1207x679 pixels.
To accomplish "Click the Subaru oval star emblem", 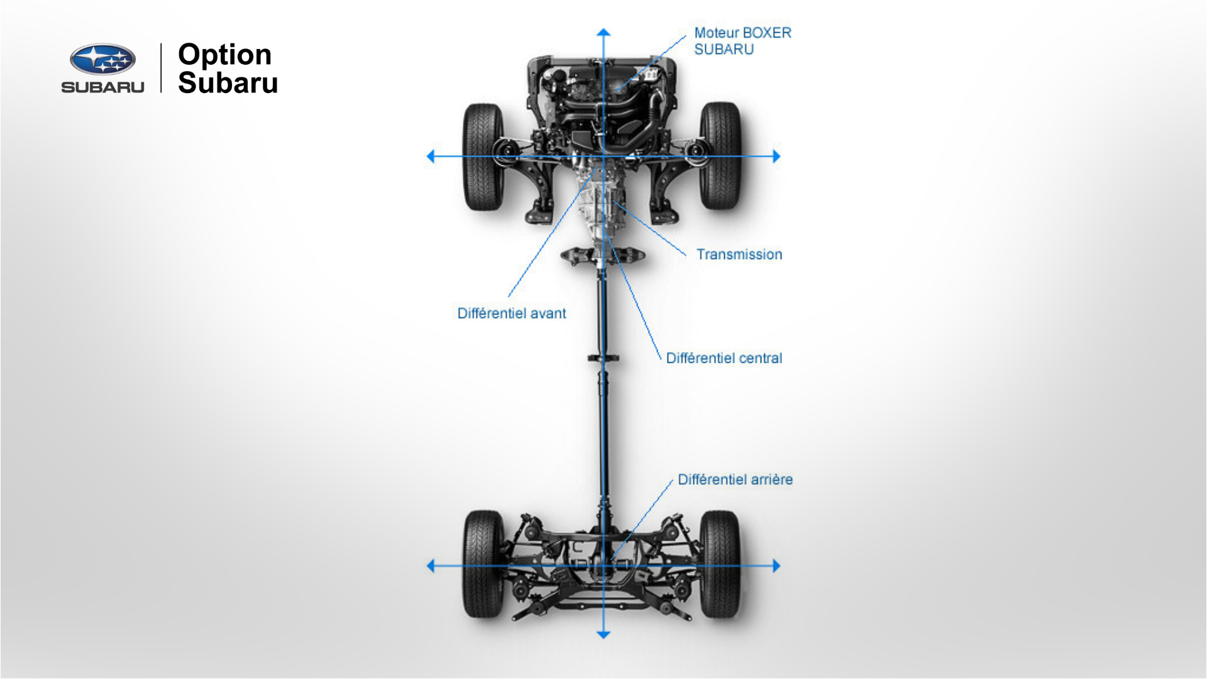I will pyautogui.click(x=102, y=60).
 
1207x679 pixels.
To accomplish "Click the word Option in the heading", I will pyautogui.click(x=224, y=55).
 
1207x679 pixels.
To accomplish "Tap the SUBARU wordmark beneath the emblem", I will pyautogui.click(x=102, y=87).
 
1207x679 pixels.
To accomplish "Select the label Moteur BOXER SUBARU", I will pyautogui.click(x=742, y=41).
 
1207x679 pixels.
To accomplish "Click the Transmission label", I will pyautogui.click(x=739, y=255).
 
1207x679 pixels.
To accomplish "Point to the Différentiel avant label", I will pyautogui.click(x=511, y=313).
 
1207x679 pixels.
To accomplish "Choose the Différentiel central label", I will pyautogui.click(x=724, y=358).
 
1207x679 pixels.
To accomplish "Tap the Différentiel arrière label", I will pyautogui.click(x=734, y=480).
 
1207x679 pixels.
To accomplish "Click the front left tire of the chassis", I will pyautogui.click(x=483, y=157).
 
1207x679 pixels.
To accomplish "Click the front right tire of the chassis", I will pyautogui.click(x=720, y=157).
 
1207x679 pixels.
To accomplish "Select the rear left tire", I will pyautogui.click(x=483, y=564).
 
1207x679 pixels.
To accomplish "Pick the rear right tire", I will pyautogui.click(x=720, y=564).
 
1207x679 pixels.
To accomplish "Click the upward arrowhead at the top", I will pyautogui.click(x=603, y=32).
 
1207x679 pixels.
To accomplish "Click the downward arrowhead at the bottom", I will pyautogui.click(x=603, y=635).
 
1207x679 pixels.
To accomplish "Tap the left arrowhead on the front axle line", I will pyautogui.click(x=431, y=157).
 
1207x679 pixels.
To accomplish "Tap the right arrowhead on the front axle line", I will pyautogui.click(x=776, y=157).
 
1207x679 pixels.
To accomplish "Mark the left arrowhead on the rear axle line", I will pyautogui.click(x=431, y=566).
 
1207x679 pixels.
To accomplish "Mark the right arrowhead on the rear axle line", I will pyautogui.click(x=776, y=566).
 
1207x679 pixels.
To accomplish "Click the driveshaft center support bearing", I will pyautogui.click(x=603, y=358).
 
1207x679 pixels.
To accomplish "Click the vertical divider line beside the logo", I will pyautogui.click(x=162, y=68).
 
